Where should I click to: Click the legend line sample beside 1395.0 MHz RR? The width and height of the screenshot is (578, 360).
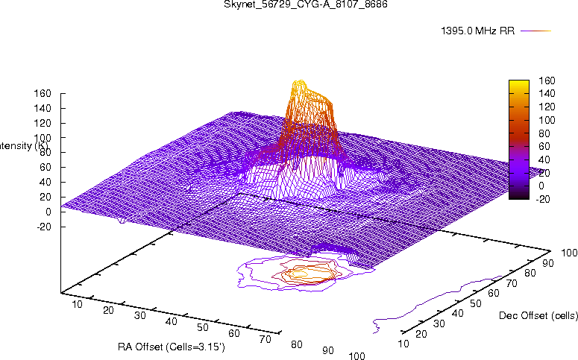pyautogui.click(x=535, y=31)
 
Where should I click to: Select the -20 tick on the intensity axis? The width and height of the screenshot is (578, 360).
pyautogui.click(x=43, y=227)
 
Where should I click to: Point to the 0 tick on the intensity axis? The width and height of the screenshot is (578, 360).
pyautogui.click(x=48, y=212)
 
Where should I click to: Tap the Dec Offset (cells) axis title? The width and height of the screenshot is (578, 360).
pyautogui.click(x=538, y=316)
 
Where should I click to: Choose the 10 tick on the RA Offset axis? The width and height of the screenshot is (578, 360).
pyautogui.click(x=76, y=304)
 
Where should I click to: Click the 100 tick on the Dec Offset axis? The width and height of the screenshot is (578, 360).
pyautogui.click(x=568, y=254)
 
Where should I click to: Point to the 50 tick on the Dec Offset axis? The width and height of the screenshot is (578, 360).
pyautogui.click(x=477, y=303)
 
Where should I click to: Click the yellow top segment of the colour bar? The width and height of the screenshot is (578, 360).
pyautogui.click(x=519, y=84)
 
